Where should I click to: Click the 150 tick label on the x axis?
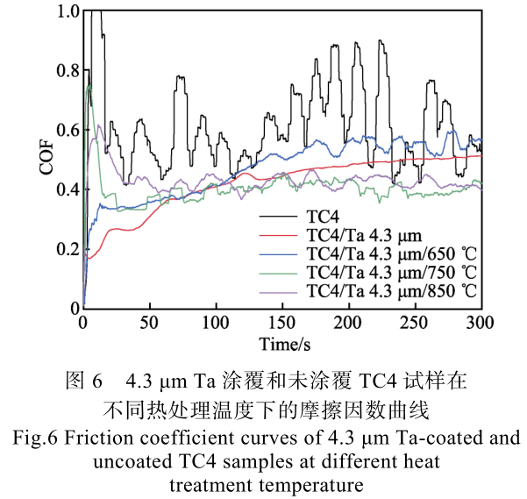[282, 321]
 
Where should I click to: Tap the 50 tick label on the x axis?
[149, 321]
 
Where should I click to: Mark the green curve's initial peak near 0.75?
[89, 85]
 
